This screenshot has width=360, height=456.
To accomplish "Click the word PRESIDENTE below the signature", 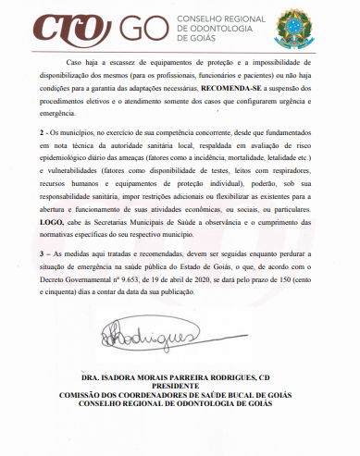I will pyautogui.click(x=180, y=387).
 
